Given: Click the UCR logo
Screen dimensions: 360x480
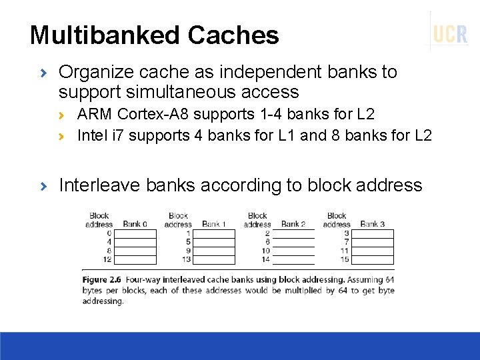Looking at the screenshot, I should click(450, 33).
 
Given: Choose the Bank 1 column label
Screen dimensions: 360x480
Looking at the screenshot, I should click(214, 224).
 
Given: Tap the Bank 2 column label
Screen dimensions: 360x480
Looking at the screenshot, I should click(293, 224).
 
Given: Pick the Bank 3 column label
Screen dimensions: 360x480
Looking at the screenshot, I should click(372, 224).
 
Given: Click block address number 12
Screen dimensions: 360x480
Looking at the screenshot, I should click(107, 259).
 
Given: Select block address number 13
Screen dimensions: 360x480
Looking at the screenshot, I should click(186, 259).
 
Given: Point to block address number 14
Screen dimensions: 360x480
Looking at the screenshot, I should click(266, 259).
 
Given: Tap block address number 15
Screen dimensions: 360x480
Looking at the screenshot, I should click(345, 259).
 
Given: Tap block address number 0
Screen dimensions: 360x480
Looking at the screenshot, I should click(109, 233).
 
